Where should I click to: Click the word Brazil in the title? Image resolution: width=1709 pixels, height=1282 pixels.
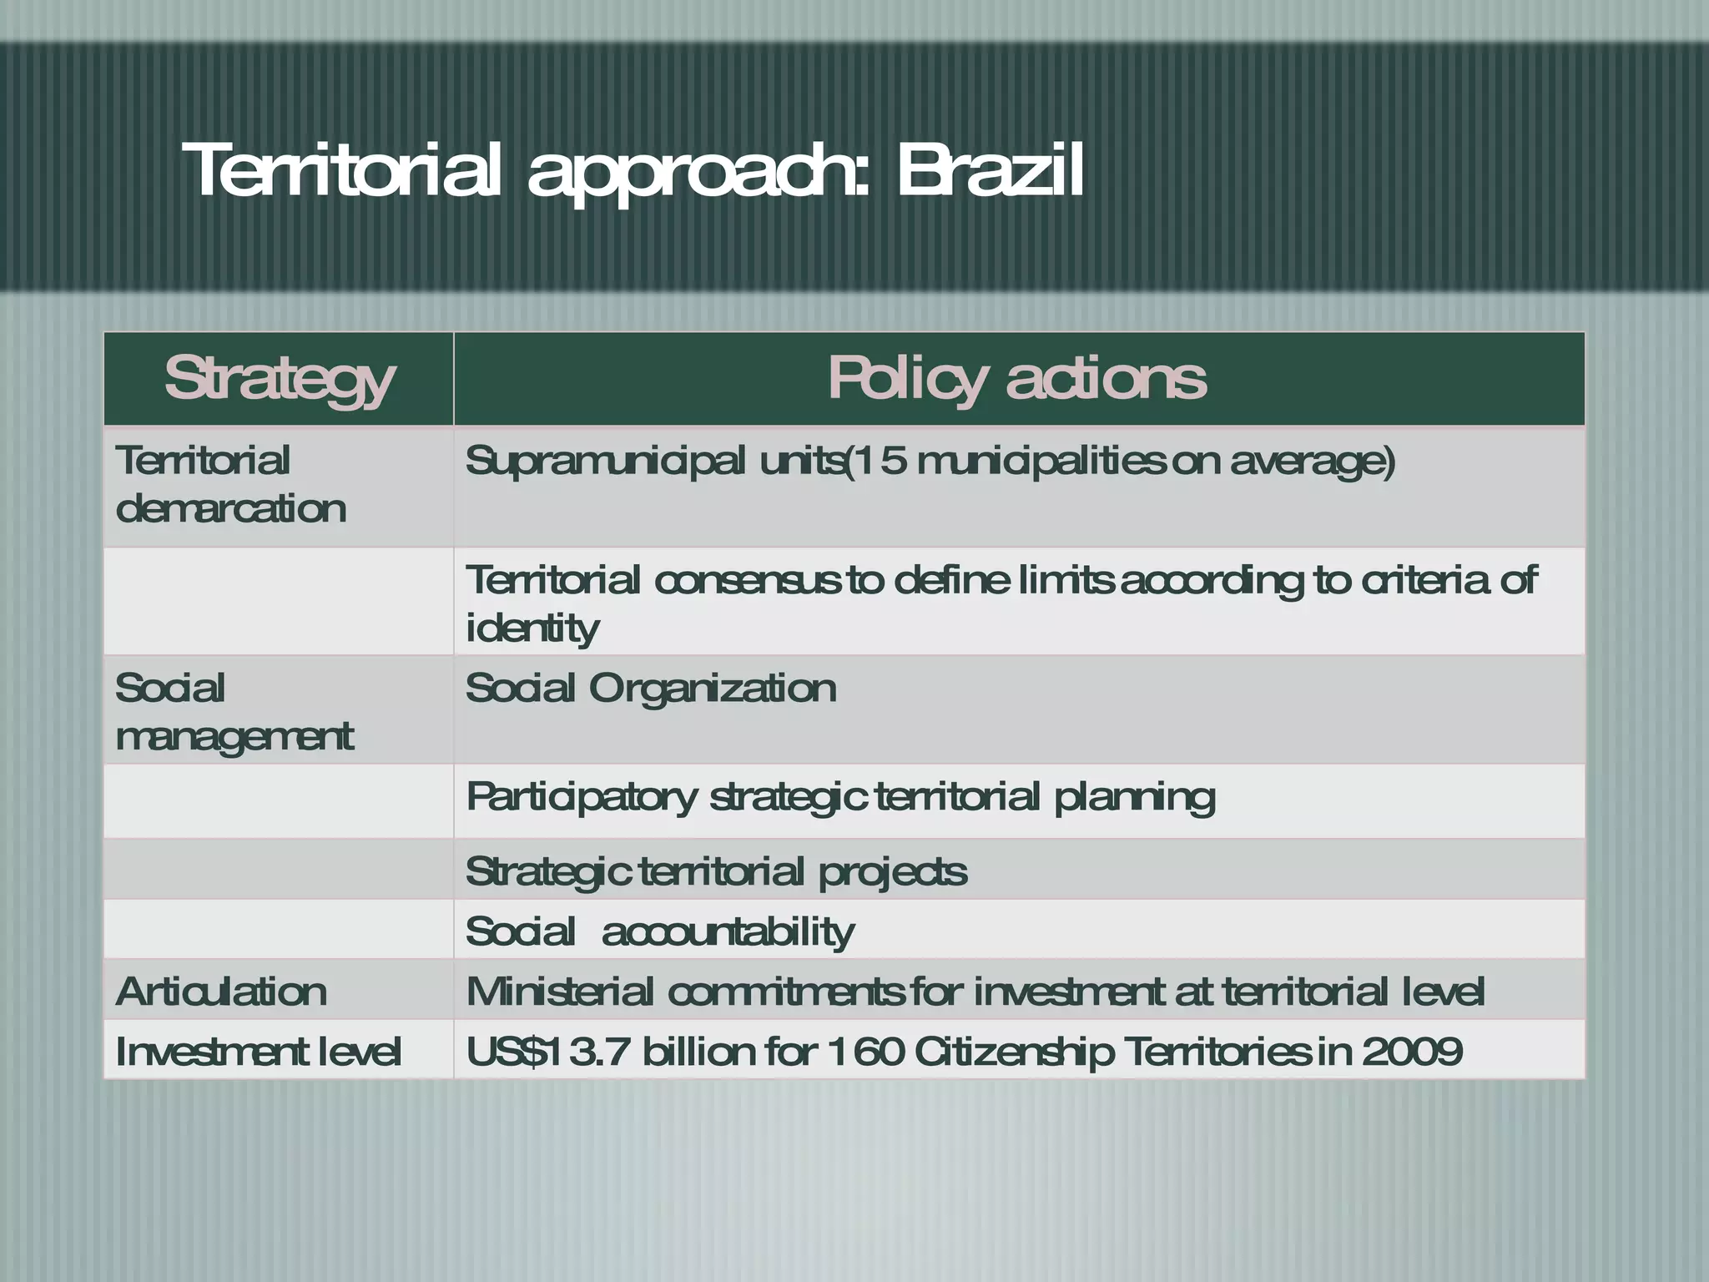(x=990, y=170)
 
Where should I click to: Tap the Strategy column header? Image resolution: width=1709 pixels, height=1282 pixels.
(x=279, y=379)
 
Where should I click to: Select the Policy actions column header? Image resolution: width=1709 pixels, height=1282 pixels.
(x=1017, y=379)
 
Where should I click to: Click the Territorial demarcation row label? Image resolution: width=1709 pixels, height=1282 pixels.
(x=230, y=484)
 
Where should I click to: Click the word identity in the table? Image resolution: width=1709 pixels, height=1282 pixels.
(x=532, y=628)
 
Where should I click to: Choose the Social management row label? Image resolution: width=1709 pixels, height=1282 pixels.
(x=234, y=712)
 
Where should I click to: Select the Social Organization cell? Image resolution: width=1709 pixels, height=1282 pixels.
(x=650, y=689)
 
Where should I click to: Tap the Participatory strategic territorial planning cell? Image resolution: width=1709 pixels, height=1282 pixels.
(x=839, y=797)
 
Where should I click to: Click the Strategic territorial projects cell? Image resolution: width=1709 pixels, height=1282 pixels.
(x=716, y=872)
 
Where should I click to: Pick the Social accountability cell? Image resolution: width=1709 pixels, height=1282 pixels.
(x=659, y=931)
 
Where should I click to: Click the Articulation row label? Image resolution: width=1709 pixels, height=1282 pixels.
(x=221, y=992)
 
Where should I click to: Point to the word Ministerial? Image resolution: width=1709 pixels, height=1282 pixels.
(x=560, y=992)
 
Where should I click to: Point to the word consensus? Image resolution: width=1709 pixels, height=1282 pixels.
(x=747, y=581)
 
